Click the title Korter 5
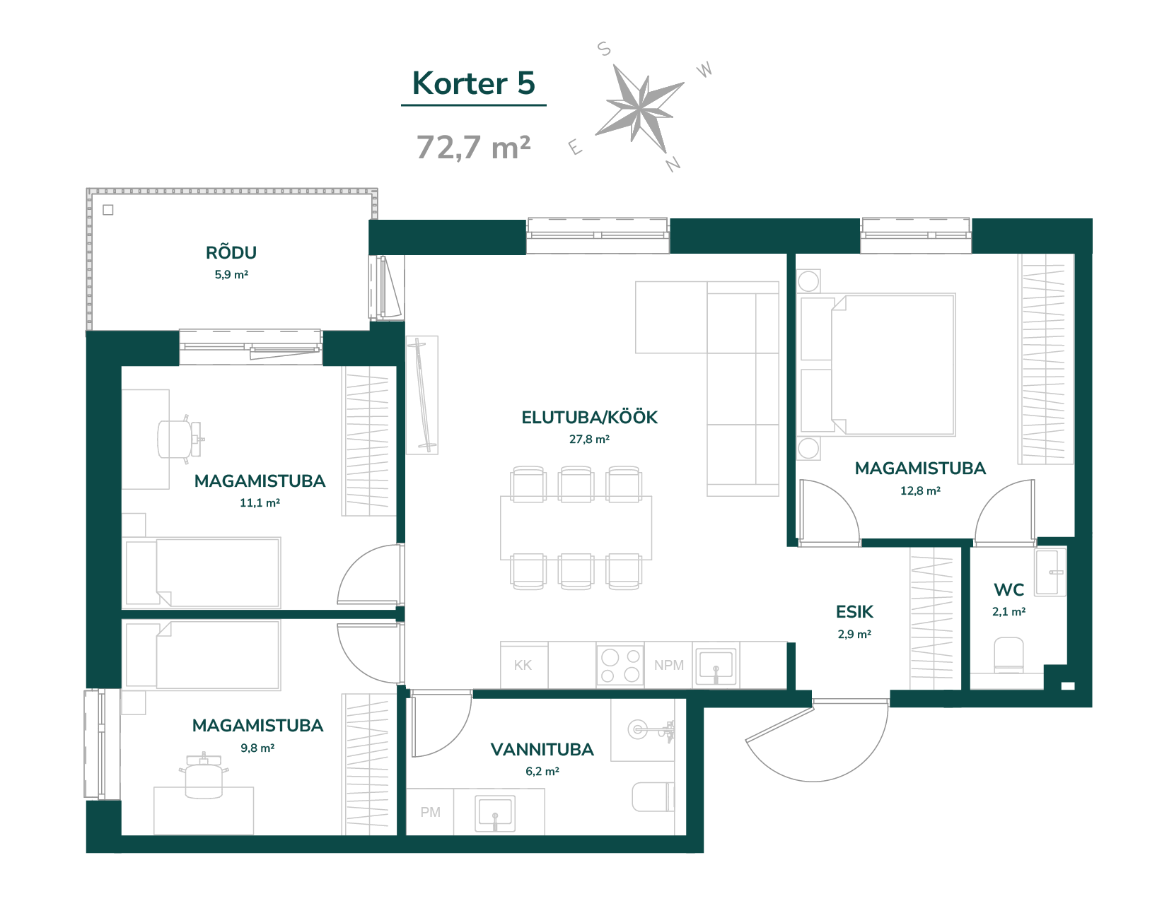pos(473,83)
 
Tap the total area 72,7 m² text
pos(473,147)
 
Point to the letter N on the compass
pos(673,163)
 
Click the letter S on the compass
pos(604,49)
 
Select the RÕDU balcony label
pos(231,252)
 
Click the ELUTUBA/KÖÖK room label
pos(589,417)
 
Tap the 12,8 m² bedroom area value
pos(920,490)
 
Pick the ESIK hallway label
pos(854,611)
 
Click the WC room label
pos(1009,590)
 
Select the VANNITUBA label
pos(542,749)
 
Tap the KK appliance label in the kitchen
pos(523,666)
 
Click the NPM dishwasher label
pos(669,666)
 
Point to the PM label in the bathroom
pos(430,812)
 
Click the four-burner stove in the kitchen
pos(620,666)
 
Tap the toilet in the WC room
pos(1009,655)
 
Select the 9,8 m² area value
pos(257,748)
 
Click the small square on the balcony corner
pos(108,210)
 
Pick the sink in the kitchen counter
pos(716,666)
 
